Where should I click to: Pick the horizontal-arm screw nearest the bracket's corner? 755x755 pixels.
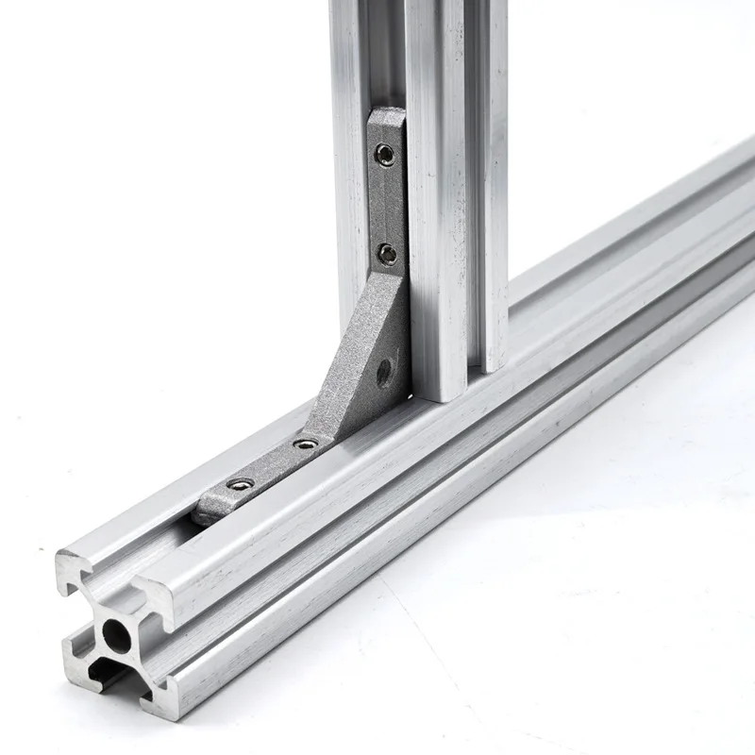click(x=302, y=442)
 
